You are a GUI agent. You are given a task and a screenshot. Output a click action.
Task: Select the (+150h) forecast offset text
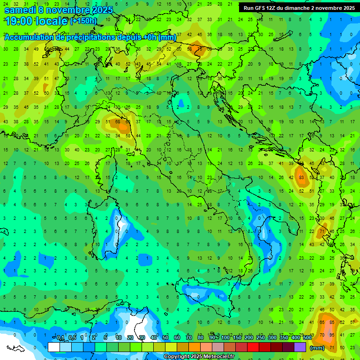coord(83,21)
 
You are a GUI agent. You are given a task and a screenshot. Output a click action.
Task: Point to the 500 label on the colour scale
coord(307,338)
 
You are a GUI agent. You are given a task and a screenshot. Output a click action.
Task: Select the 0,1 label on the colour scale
coord(60,338)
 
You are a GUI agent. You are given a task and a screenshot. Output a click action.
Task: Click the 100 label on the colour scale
coord(225,338)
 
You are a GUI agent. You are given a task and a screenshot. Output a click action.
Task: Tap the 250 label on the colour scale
coord(260,338)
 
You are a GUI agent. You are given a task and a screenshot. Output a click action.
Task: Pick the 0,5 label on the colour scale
coord(72,338)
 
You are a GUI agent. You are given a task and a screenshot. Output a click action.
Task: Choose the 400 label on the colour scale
coord(295,338)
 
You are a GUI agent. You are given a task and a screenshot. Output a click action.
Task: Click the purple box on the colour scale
coord(300,347)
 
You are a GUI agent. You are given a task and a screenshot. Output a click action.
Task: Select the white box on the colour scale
coord(54,347)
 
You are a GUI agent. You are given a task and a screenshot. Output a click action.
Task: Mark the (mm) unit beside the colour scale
coord(317,348)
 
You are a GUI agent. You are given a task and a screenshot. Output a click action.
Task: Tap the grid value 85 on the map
coord(332,322)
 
